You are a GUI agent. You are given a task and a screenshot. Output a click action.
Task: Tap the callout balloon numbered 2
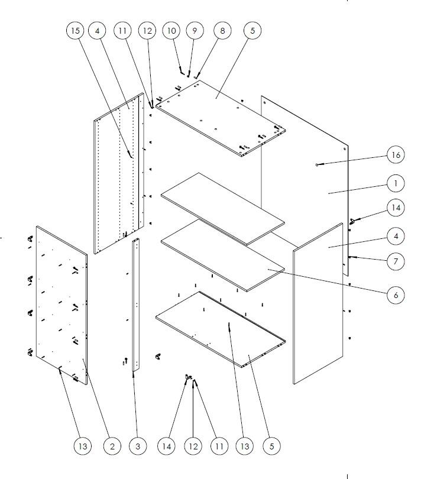111,446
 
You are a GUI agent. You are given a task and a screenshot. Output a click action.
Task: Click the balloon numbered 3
137,446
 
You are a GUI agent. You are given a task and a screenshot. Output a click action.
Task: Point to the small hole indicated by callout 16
318,165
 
